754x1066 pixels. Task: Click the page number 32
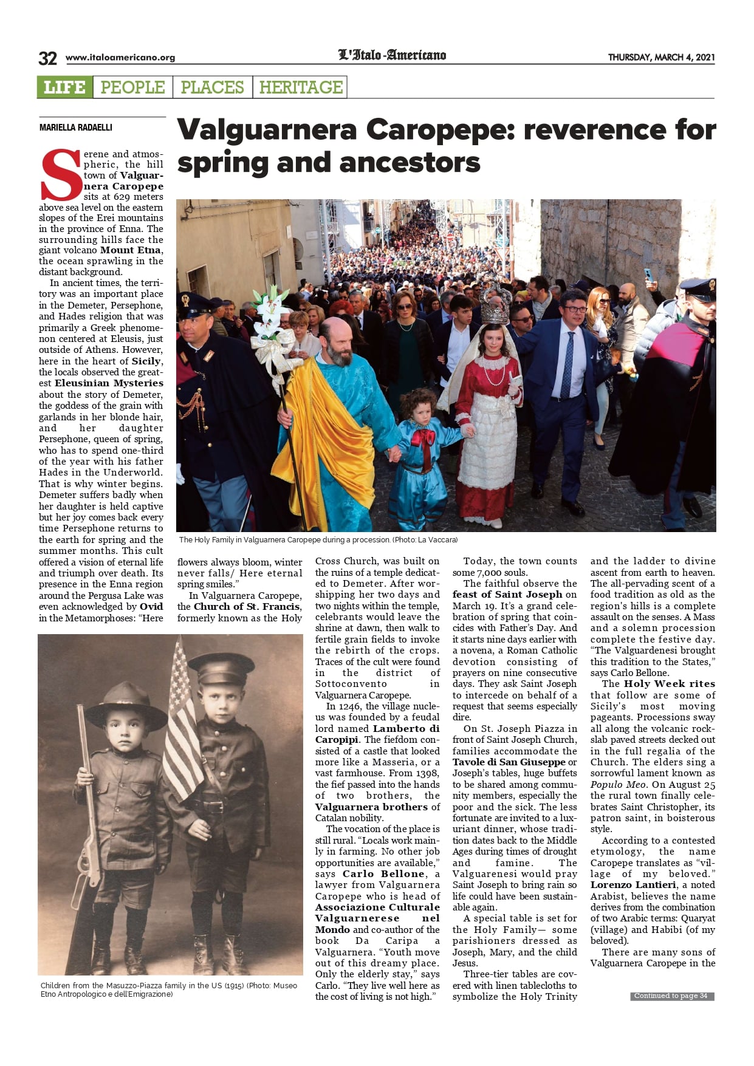[47, 58]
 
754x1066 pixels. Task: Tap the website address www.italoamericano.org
[120, 58]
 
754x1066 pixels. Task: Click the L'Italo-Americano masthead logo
[392, 55]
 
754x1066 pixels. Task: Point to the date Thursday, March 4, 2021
[661, 58]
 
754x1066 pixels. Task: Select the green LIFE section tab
[64, 87]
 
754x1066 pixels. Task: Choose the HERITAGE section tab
[301, 87]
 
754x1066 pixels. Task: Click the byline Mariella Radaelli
[76, 128]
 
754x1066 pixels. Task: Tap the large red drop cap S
[60, 175]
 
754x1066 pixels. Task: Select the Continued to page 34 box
[671, 996]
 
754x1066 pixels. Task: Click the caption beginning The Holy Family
[318, 539]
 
